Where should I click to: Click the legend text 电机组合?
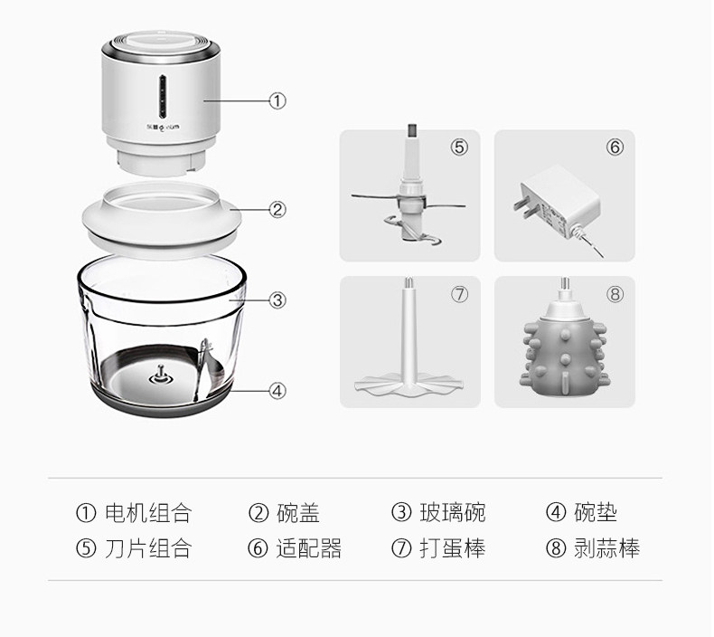148,513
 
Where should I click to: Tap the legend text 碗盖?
297,513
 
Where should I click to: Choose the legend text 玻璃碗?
452,513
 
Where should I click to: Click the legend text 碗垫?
596,513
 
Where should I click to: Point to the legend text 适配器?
308,548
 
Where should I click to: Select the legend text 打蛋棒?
452,548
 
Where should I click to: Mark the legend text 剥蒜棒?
606,548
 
